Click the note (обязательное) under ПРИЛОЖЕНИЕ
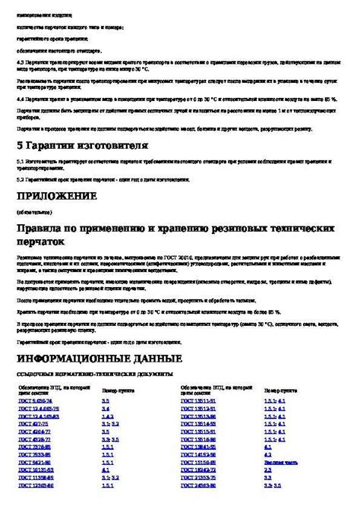[x=37, y=213]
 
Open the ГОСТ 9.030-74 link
[x=36, y=400]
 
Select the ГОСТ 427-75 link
[x=34, y=426]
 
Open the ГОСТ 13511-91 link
[x=198, y=400]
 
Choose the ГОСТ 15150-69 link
[x=198, y=461]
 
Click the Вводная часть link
[x=281, y=461]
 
